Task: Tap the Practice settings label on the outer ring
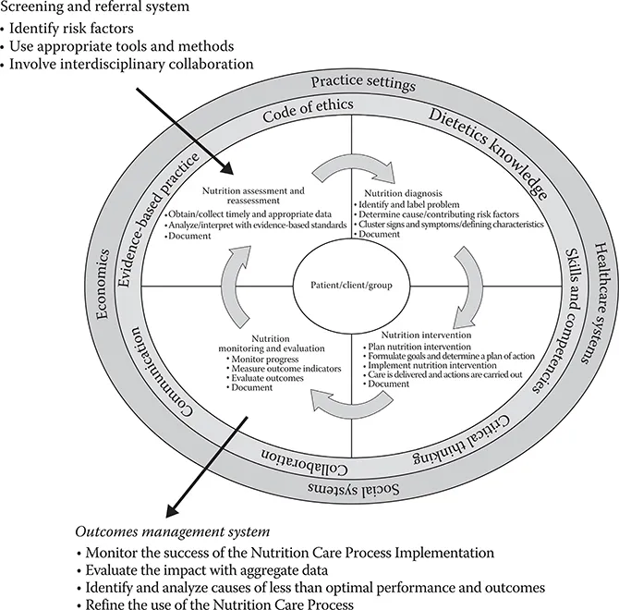[x=363, y=83]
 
